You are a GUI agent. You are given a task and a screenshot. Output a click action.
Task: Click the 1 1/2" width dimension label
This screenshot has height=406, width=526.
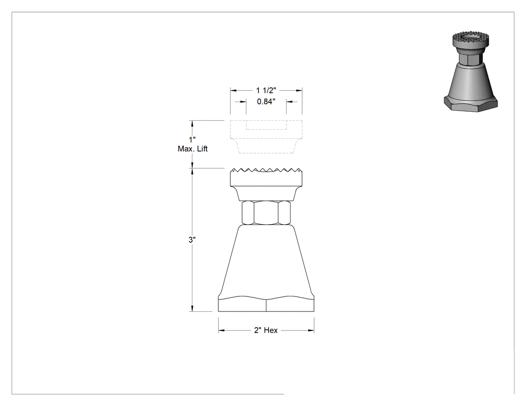(x=266, y=91)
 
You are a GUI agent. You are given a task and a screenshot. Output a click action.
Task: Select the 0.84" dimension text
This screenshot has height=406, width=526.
(x=266, y=101)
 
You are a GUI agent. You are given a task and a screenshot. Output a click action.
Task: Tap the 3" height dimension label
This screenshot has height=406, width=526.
(x=192, y=240)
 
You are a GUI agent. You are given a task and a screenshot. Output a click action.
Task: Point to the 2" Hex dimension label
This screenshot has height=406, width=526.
(x=266, y=330)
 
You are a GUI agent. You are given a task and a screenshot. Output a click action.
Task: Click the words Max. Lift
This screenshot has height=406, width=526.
(x=192, y=149)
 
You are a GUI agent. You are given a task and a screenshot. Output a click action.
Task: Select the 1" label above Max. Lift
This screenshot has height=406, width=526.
(x=192, y=140)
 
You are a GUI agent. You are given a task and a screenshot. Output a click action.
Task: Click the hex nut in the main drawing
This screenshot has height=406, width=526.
(x=266, y=213)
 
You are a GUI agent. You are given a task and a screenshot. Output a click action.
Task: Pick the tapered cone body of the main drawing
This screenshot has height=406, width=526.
(x=266, y=261)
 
